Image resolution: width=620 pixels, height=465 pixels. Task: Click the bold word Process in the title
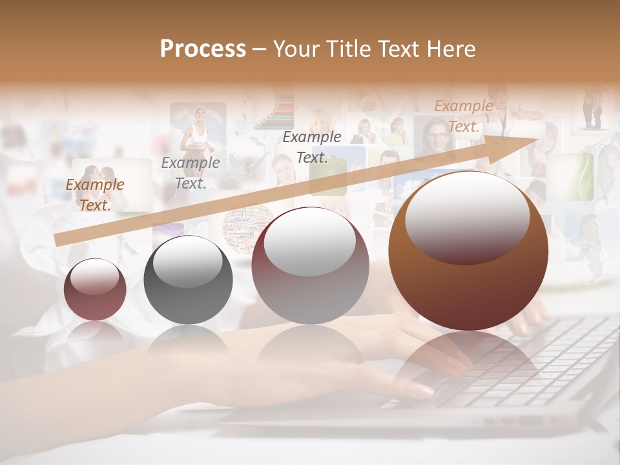click(x=203, y=49)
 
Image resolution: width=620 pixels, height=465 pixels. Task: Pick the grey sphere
click(x=188, y=281)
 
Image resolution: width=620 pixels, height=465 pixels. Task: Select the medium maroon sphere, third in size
click(x=310, y=266)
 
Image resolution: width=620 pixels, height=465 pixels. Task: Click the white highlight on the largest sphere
click(x=467, y=218)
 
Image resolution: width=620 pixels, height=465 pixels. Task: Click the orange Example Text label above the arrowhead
click(x=464, y=116)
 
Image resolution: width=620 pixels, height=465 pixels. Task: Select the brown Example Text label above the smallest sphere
click(x=95, y=195)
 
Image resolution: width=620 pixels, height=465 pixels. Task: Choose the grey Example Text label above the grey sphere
click(x=191, y=173)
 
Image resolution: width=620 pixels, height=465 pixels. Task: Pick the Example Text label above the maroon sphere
click(x=312, y=147)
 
